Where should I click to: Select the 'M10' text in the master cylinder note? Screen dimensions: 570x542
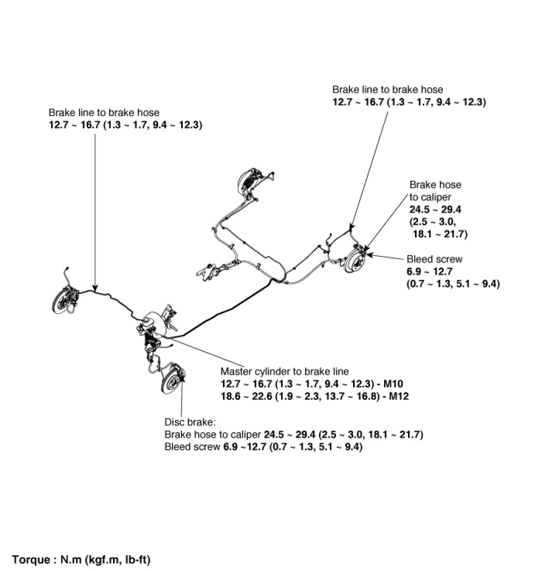pos(398,383)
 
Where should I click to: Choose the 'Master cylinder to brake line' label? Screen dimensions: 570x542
pos(284,371)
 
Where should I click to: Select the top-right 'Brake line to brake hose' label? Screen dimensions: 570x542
pos(388,90)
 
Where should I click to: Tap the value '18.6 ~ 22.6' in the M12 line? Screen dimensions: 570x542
pos(245,396)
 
